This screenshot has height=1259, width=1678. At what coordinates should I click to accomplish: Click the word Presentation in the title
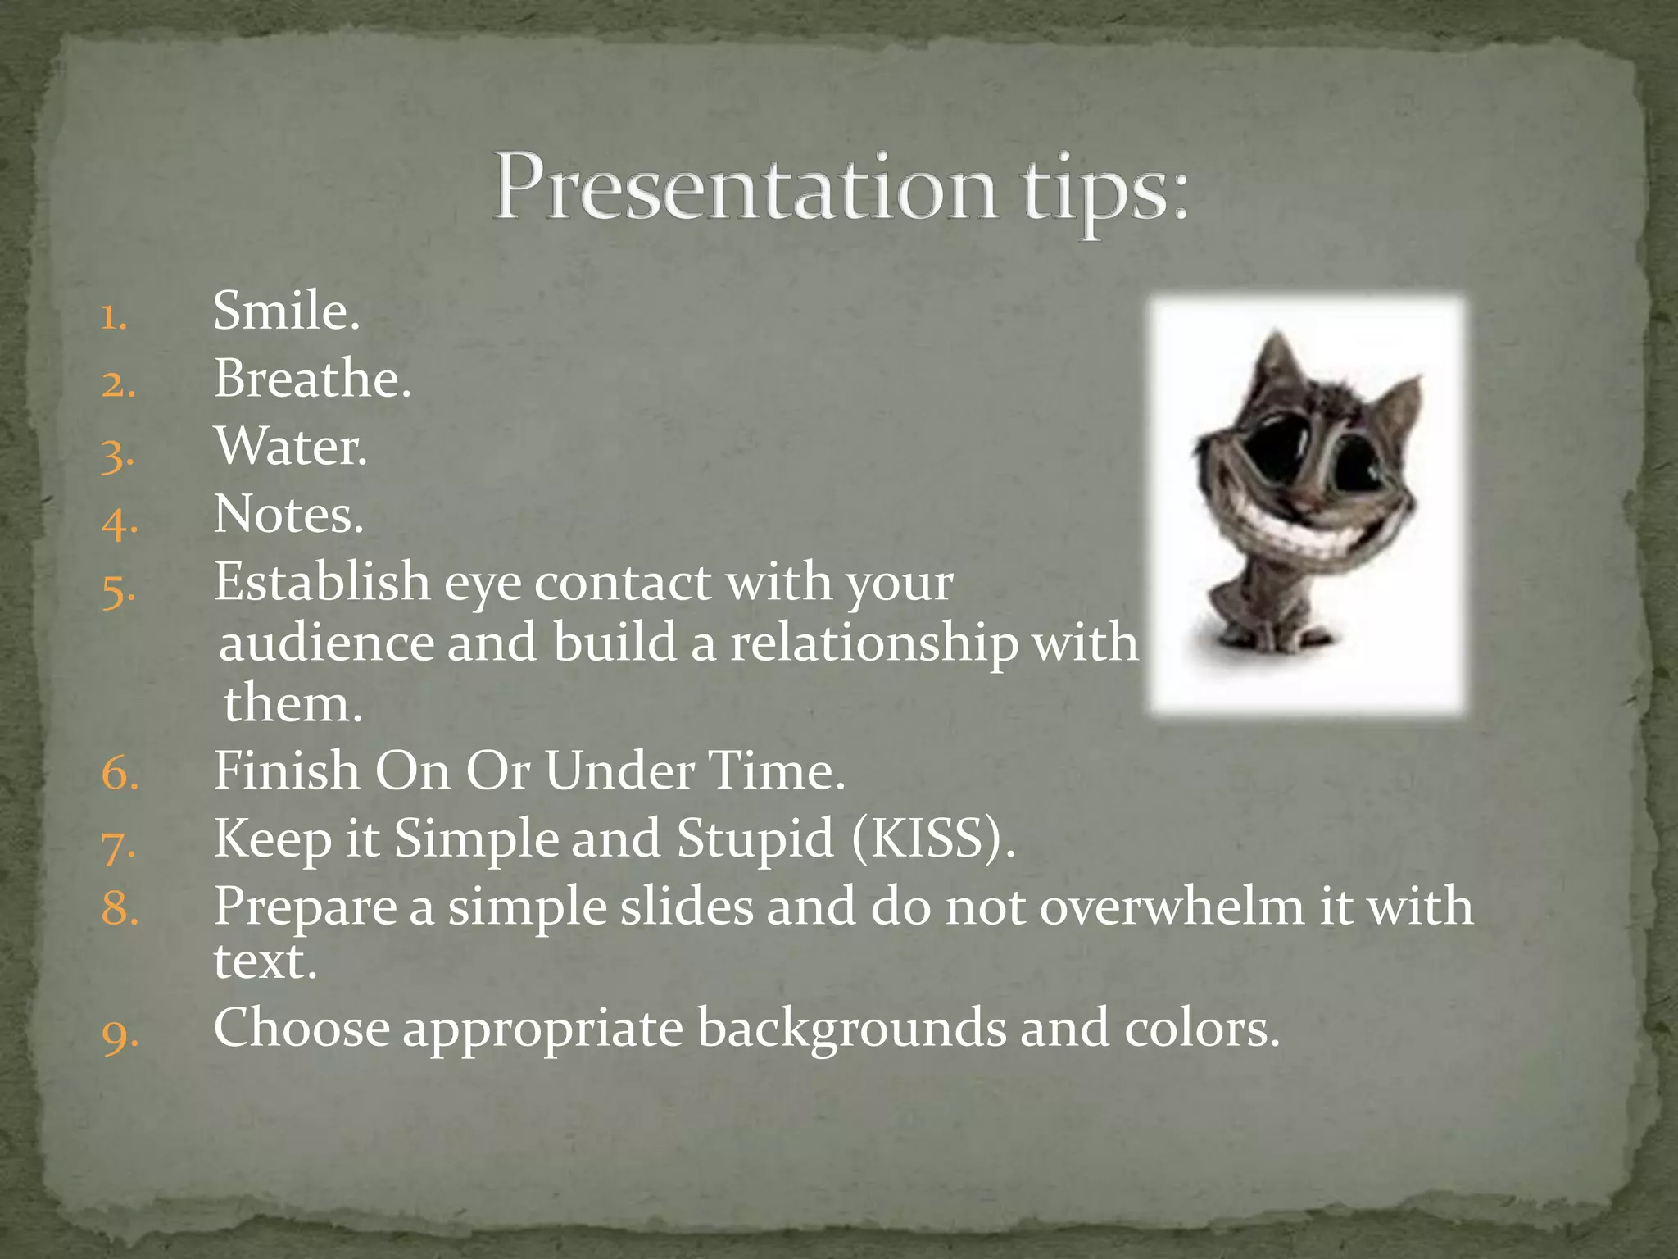pos(746,189)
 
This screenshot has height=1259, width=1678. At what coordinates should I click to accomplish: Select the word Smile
pos(285,312)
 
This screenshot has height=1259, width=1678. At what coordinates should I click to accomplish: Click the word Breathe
pos(311,380)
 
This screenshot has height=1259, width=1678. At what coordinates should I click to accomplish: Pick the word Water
pos(290,448)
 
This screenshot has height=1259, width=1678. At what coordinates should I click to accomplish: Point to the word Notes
pos(288,516)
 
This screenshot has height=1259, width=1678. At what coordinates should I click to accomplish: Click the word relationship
pos(873,643)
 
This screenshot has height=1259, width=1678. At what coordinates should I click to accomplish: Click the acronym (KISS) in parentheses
pos(932,839)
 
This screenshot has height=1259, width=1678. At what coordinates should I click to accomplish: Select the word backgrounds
pos(851,1029)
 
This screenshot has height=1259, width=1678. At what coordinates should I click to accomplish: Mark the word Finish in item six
pos(287,771)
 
